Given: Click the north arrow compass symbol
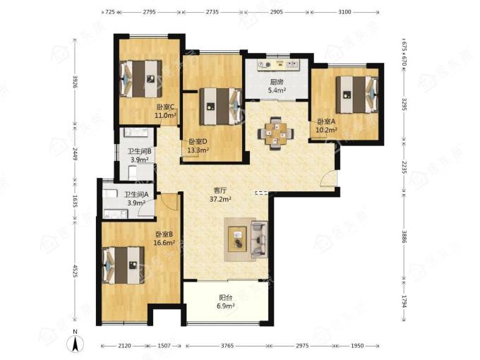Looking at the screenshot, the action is (x=75, y=342).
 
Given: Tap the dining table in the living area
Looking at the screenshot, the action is (x=276, y=133).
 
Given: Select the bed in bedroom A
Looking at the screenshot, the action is (x=357, y=95).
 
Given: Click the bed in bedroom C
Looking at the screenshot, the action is (x=140, y=78).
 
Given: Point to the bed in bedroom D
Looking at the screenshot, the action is (x=221, y=107).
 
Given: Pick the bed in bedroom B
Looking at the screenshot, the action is (x=123, y=265).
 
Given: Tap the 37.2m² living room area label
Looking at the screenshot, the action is (x=220, y=199).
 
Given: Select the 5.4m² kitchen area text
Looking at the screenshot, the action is (x=277, y=90).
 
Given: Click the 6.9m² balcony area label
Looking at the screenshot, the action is (x=226, y=306).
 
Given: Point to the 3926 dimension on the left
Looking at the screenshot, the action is (x=75, y=82).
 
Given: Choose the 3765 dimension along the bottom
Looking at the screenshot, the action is (x=227, y=346).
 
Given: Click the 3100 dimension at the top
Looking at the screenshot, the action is (x=344, y=12).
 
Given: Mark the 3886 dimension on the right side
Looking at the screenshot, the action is (x=404, y=237).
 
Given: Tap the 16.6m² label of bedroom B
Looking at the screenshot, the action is (x=164, y=243).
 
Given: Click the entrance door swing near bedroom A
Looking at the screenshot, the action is (x=328, y=178).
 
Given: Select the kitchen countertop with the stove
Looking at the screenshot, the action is (x=278, y=65).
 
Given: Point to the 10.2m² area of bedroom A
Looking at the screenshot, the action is (x=326, y=130).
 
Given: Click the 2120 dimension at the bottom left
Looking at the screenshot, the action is (x=124, y=346).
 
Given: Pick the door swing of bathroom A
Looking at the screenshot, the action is (x=146, y=209).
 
